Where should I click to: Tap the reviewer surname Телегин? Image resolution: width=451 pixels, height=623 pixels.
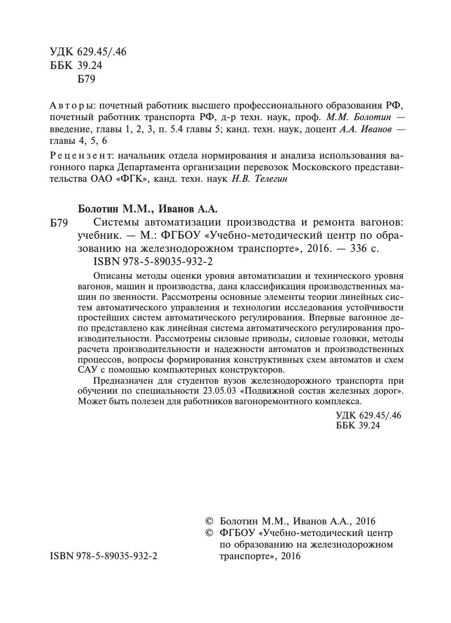pyautogui.click(x=272, y=180)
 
